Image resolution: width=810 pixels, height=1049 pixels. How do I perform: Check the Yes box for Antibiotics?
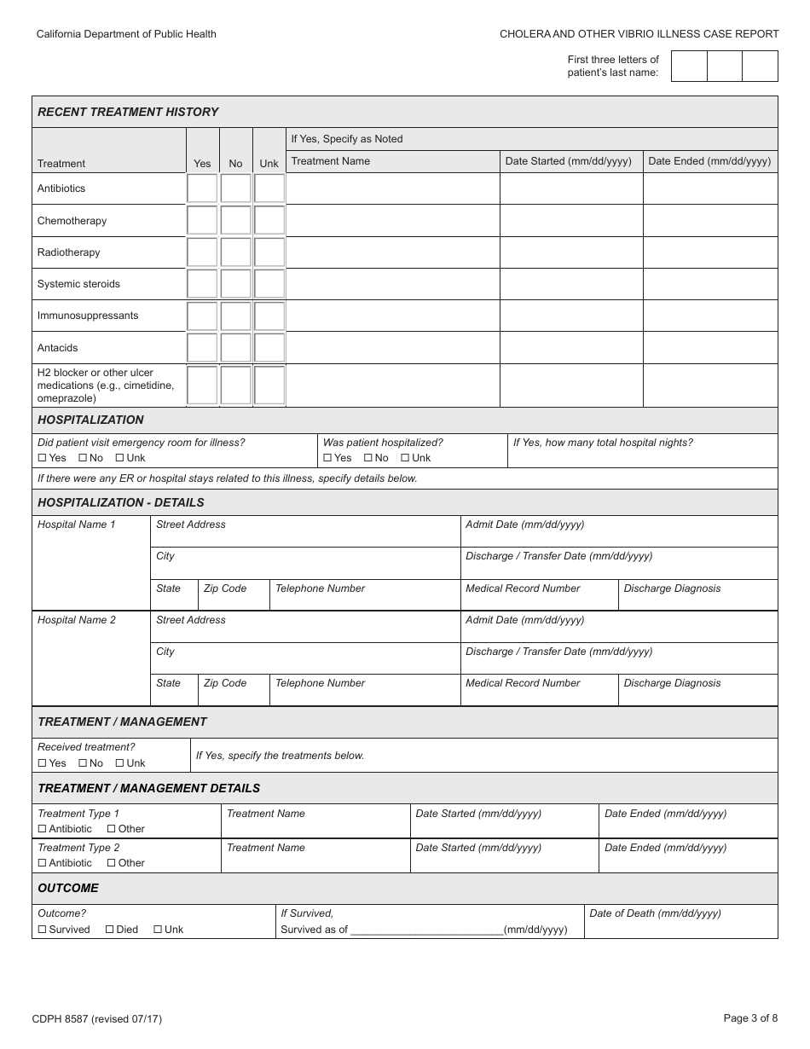click(202, 188)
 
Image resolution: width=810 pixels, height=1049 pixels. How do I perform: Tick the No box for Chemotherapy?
click(236, 220)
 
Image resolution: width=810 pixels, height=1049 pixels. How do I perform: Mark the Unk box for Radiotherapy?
click(269, 252)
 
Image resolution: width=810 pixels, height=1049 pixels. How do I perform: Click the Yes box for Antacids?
click(202, 348)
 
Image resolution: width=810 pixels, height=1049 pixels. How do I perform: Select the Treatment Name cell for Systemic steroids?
click(393, 284)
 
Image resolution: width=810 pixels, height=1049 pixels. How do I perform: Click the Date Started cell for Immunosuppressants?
click(571, 316)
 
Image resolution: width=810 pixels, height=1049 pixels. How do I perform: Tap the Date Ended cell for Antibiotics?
click(710, 188)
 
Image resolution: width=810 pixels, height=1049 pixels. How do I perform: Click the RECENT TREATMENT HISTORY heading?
click(128, 112)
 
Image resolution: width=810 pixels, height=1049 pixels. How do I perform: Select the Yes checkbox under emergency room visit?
click(43, 458)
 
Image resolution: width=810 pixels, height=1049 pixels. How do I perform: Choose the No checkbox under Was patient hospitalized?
click(368, 458)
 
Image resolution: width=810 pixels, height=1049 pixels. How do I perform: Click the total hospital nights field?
click(642, 457)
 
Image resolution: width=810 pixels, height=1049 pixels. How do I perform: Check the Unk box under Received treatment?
click(120, 763)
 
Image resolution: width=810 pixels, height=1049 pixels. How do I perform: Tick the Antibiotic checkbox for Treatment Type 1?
click(43, 829)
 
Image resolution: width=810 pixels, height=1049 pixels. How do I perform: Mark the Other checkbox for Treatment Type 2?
click(112, 863)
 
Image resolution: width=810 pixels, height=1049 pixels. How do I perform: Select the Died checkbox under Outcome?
click(110, 930)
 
